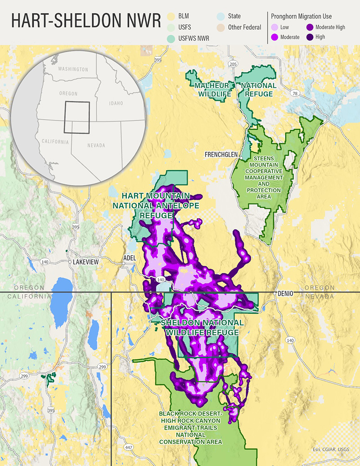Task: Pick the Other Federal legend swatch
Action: point(220,27)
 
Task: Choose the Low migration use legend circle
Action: point(275,27)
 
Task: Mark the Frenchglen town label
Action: point(221,154)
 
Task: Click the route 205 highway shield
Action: point(232,64)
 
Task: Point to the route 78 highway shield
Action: point(295,93)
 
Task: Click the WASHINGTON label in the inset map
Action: point(73,69)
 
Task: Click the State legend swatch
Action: point(220,16)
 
